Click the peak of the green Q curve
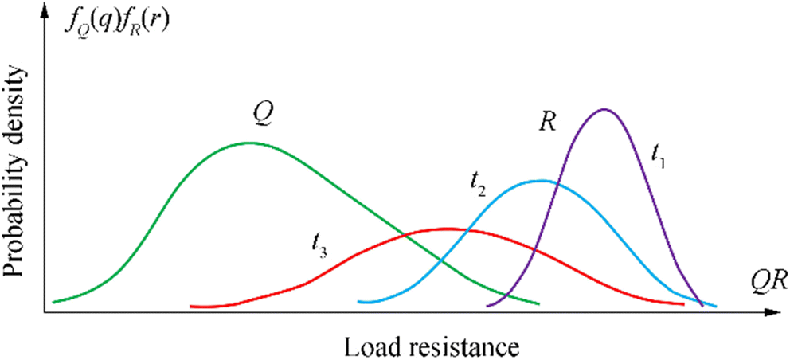(x=250, y=143)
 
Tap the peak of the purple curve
(x=604, y=109)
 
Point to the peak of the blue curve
(x=542, y=181)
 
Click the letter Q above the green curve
(x=260, y=114)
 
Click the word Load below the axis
(x=367, y=346)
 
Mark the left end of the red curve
(x=191, y=306)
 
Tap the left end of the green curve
(x=53, y=302)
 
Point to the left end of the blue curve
(x=360, y=302)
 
